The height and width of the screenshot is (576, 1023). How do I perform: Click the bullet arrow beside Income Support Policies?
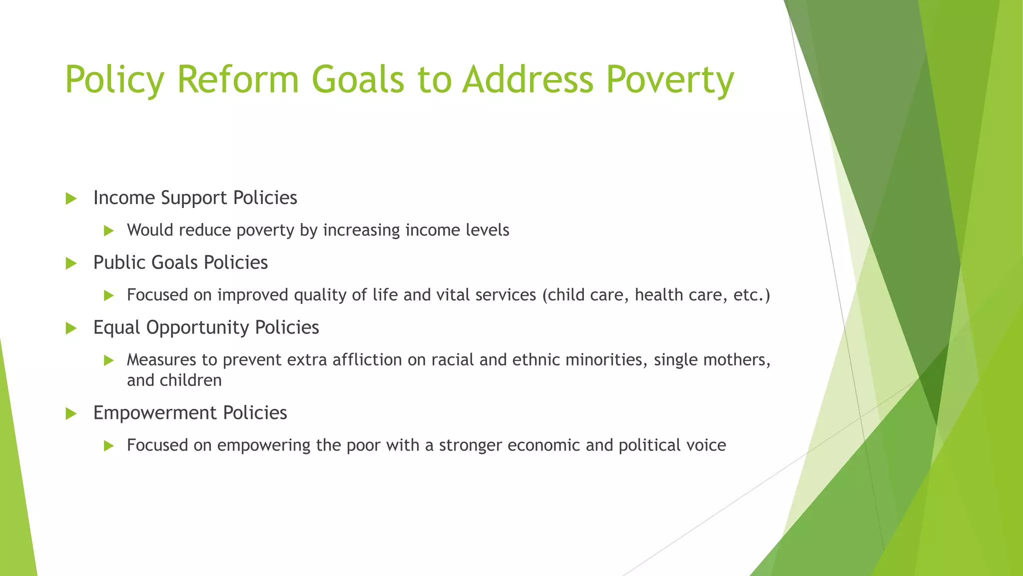point(71,198)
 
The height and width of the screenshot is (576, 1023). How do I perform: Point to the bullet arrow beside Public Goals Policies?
point(71,263)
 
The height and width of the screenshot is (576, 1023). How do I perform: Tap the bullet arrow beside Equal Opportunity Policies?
point(71,328)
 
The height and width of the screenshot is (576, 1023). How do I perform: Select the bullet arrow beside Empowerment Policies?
point(71,413)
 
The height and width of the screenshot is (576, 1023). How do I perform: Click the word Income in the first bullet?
point(124,198)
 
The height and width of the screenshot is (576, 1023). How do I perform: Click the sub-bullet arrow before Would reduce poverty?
point(109,230)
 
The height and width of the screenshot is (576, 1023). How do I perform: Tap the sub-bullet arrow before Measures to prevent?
point(109,360)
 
